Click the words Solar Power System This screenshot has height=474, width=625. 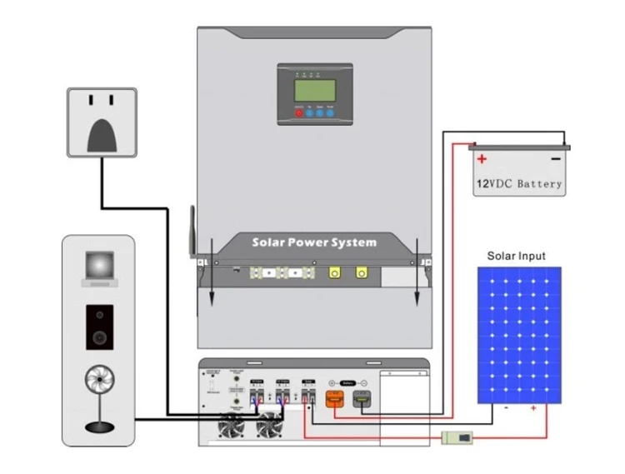[314, 242]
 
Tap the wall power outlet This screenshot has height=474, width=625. [101, 122]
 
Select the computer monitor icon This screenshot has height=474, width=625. [99, 267]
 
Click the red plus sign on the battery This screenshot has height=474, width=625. [482, 159]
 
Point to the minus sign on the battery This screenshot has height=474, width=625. [555, 159]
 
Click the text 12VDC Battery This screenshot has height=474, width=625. [519, 183]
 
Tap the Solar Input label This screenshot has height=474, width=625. [517, 256]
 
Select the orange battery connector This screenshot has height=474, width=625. [332, 402]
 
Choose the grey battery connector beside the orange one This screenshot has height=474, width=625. [362, 402]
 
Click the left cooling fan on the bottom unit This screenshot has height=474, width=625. [231, 427]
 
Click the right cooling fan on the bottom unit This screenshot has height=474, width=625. [269, 427]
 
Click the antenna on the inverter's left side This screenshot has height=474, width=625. [193, 230]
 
